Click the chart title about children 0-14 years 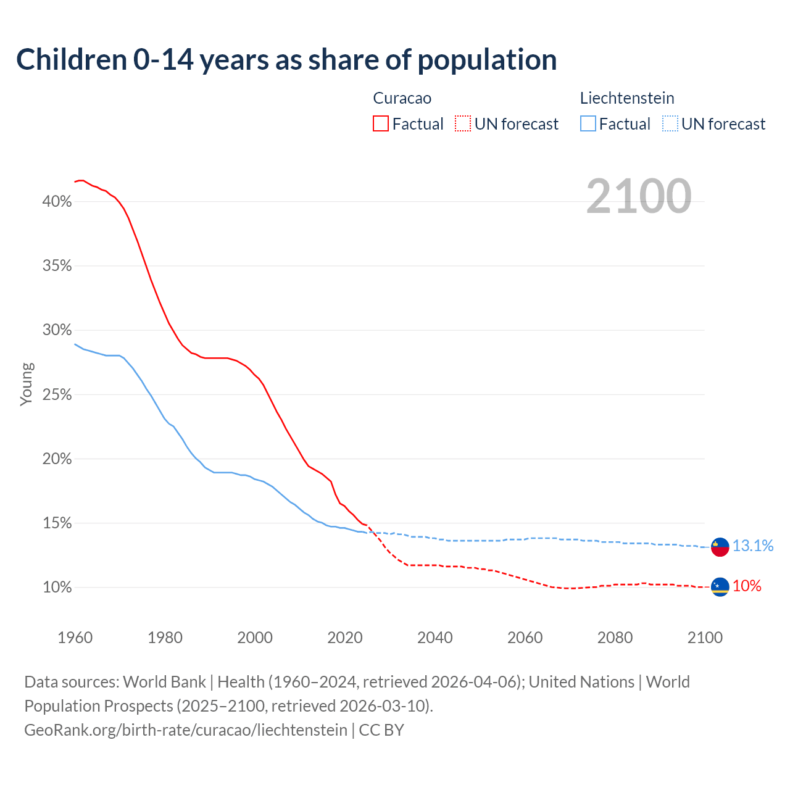click(286, 60)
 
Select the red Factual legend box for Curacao click(381, 124)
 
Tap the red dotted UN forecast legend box click(463, 124)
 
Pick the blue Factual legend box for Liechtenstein click(588, 124)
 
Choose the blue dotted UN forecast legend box click(670, 124)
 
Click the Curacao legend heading click(402, 98)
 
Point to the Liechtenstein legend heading click(627, 98)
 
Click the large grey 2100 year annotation click(639, 196)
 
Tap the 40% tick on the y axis click(57, 202)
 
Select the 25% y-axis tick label click(57, 395)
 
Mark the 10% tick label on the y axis click(57, 588)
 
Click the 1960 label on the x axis click(75, 638)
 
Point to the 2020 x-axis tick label click(345, 638)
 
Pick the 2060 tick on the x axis click(525, 638)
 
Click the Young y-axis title click(27, 384)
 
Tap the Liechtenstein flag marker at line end click(720, 547)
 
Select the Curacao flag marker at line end click(720, 587)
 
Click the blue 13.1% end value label click(753, 546)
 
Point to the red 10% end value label click(747, 586)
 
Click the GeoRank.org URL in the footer click(186, 730)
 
